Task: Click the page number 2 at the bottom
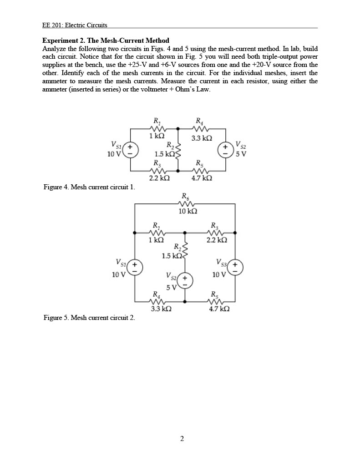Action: click(x=182, y=439)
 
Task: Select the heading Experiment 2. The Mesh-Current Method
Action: click(x=106, y=41)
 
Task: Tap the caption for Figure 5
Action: click(x=89, y=317)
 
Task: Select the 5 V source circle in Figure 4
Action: click(x=226, y=150)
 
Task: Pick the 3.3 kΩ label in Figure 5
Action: click(x=161, y=309)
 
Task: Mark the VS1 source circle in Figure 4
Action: click(x=130, y=150)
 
